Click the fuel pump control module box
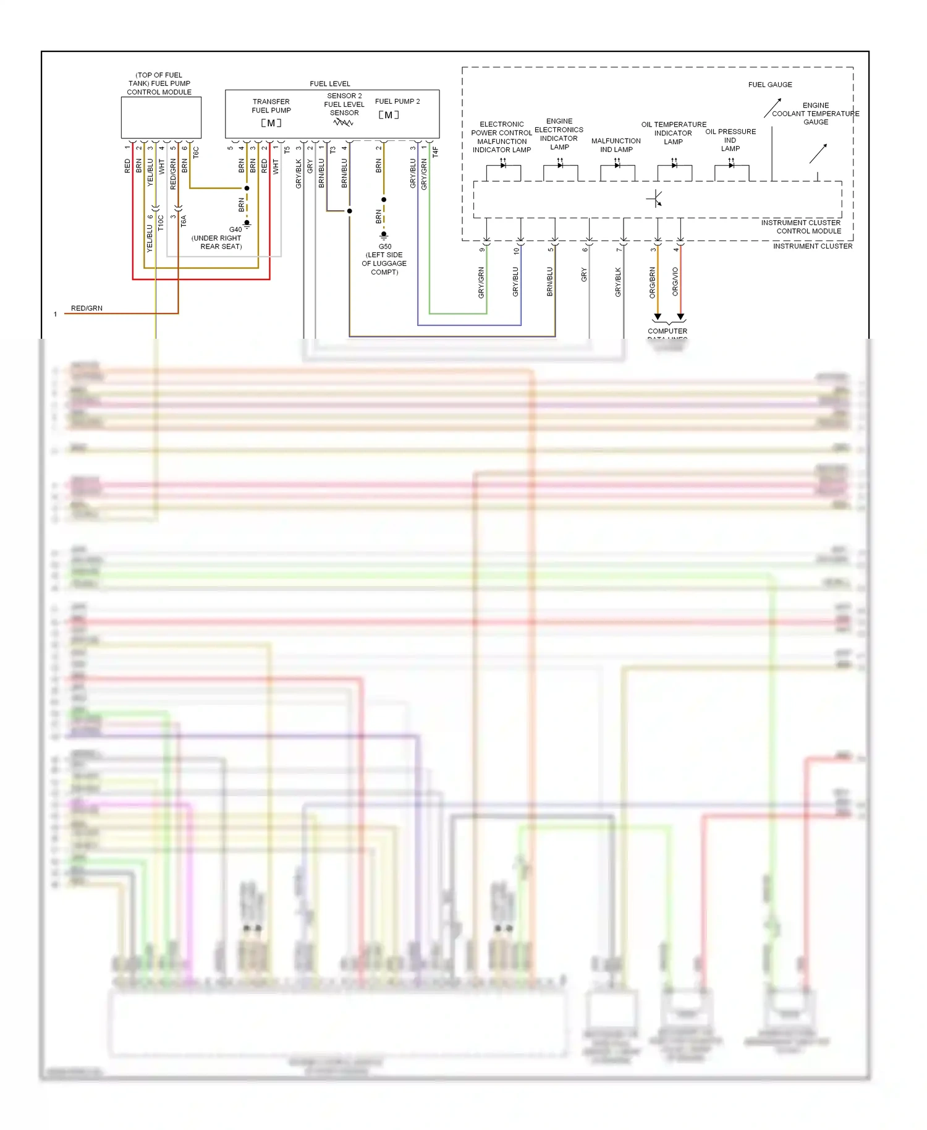coord(161,117)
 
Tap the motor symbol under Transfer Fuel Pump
coord(271,123)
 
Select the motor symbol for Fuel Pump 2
coord(389,115)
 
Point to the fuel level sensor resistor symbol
coord(343,122)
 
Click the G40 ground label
coord(235,229)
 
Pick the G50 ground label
coord(384,246)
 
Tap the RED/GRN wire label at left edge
coord(87,308)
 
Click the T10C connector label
coord(161,223)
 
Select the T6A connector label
coord(184,221)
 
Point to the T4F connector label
coord(435,151)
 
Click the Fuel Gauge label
coord(770,85)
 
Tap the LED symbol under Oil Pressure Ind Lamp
coord(731,165)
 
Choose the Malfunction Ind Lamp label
coord(616,145)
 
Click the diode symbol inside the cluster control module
coord(655,198)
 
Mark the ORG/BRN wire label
coord(653,282)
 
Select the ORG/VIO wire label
coord(675,282)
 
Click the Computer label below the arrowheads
coord(667,331)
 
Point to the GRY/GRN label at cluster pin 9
coord(481,282)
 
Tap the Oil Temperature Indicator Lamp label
coord(674,133)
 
